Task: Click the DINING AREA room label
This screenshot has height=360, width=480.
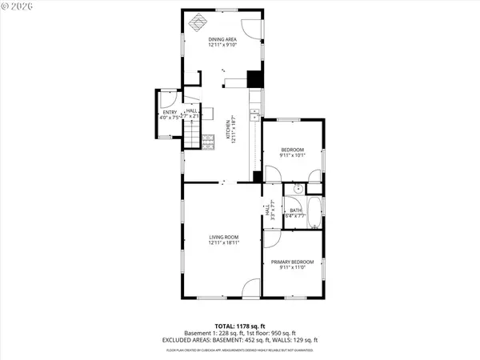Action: [222, 39]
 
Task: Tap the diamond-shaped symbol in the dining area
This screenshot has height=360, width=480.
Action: [195, 23]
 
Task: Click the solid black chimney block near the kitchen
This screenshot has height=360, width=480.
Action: [254, 79]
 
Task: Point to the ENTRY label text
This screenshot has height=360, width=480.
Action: [170, 112]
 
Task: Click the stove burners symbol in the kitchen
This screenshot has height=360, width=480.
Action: [210, 142]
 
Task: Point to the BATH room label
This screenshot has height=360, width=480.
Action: [296, 210]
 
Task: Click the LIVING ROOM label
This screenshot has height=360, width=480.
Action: [224, 238]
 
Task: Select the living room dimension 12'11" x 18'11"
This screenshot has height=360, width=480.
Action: [224, 243]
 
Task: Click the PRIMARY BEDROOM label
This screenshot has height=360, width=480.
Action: [292, 262]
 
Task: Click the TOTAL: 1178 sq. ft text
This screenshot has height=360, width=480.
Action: [240, 326]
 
